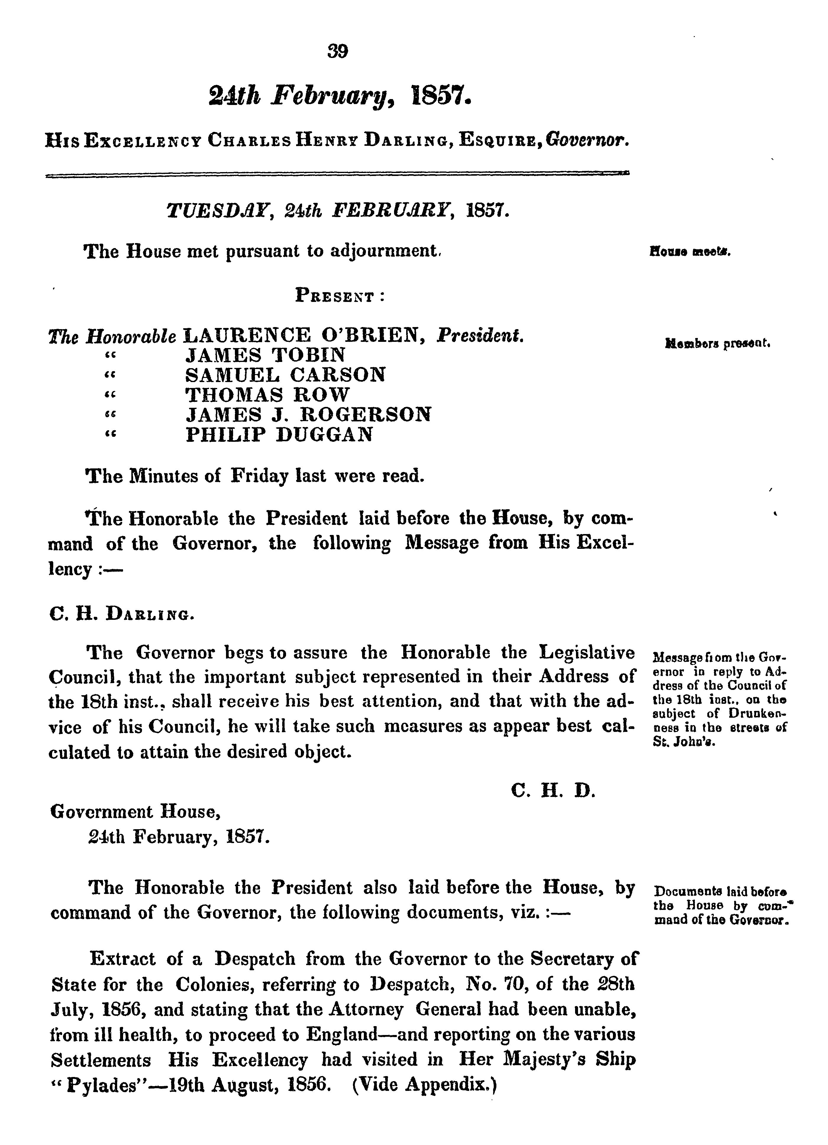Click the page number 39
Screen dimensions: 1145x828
338,51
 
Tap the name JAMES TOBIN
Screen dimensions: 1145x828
265,355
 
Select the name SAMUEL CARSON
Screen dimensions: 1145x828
285,375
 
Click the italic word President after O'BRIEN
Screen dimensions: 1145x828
480,336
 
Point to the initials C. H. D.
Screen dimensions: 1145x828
553,790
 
